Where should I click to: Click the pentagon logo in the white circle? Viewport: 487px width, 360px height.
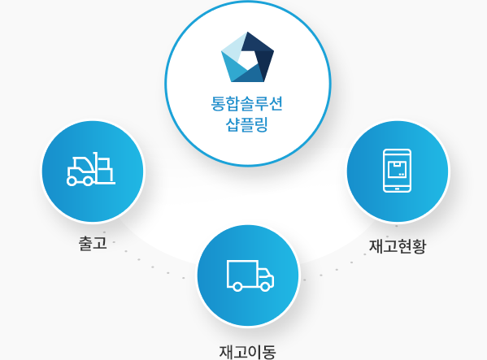point(247,57)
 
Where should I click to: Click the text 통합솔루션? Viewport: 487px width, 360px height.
point(247,104)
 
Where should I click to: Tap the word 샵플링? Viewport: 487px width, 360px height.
point(247,125)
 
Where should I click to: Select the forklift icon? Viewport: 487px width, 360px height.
point(91,169)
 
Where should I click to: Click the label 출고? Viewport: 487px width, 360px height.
point(93,243)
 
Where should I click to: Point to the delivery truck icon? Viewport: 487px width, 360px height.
point(250,275)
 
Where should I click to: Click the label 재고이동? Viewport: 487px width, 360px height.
point(247,352)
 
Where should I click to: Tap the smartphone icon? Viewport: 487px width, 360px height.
point(398,171)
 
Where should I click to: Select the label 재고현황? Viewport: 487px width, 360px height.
point(398,246)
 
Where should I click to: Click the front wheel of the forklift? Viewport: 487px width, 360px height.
point(88,181)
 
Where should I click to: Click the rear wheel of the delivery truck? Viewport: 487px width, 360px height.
point(237,286)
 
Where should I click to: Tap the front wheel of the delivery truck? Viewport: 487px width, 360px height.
point(265,286)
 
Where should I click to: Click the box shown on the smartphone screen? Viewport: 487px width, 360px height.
point(398,170)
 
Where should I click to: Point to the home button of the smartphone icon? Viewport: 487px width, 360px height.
point(398,189)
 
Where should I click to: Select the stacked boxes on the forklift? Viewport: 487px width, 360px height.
point(105,170)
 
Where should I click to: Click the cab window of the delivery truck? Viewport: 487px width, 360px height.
point(264,273)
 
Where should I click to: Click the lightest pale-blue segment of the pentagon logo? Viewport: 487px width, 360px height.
point(233,46)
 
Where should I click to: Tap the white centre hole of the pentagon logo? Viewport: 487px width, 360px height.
point(247,59)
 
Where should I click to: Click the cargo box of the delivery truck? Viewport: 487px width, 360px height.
point(242,273)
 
